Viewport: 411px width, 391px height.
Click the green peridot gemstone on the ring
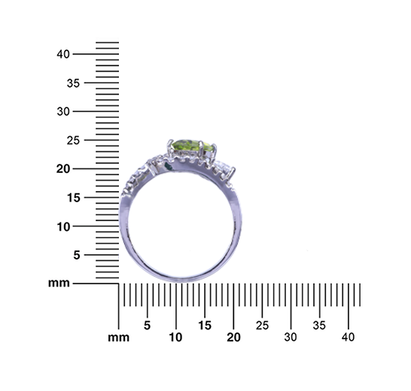tap(193, 147)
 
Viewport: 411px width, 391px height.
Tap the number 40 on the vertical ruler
tap(63, 54)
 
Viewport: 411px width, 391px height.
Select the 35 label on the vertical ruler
tap(73, 83)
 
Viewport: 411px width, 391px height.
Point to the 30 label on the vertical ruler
tap(63, 112)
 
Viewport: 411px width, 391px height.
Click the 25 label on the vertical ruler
tap(73, 141)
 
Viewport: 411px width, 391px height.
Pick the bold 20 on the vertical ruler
tap(63, 169)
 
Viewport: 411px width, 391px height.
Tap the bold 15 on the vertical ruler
tap(74, 198)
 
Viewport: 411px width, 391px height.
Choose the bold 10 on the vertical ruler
tap(64, 227)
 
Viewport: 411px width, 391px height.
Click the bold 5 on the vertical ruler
tap(77, 255)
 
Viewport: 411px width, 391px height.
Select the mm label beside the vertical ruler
tap(59, 283)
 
